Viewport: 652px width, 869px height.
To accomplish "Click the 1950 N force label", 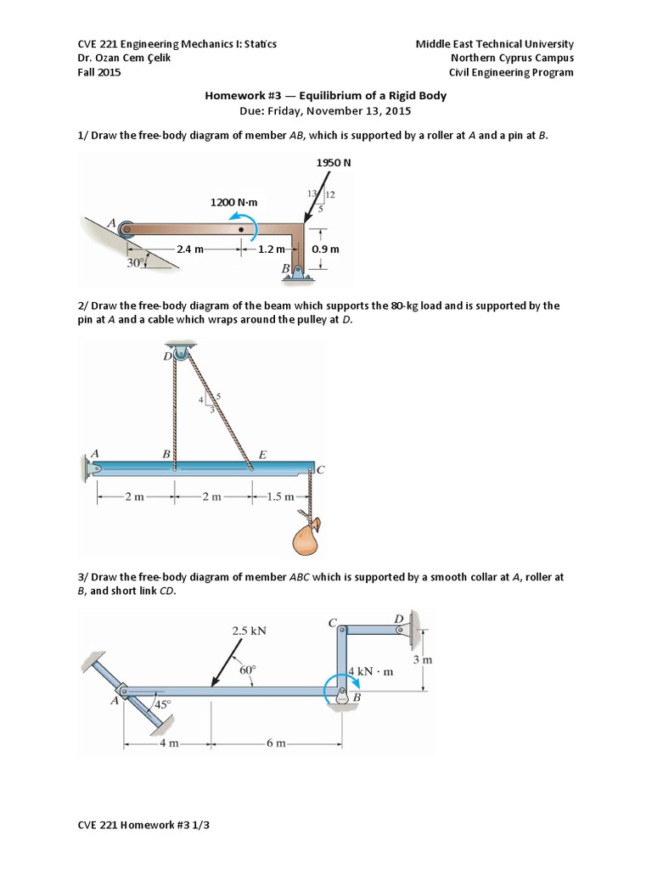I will click(333, 161).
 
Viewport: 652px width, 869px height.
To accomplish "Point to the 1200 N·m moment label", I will click(233, 202).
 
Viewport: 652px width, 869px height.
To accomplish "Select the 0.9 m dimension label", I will click(325, 249).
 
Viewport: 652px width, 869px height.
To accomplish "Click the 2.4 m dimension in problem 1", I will click(190, 249).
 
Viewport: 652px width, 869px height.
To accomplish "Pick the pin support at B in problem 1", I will click(299, 271).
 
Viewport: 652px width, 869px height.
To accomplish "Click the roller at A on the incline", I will click(126, 228).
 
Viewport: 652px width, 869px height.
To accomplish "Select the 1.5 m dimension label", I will click(279, 496).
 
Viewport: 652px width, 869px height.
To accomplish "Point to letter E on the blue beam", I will click(262, 455).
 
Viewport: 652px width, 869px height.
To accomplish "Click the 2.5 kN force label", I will click(249, 631).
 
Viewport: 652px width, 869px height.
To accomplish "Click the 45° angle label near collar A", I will click(161, 704).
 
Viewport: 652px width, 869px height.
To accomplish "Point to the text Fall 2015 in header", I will click(99, 72).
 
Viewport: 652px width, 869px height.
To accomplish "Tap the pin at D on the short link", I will click(399, 630).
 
